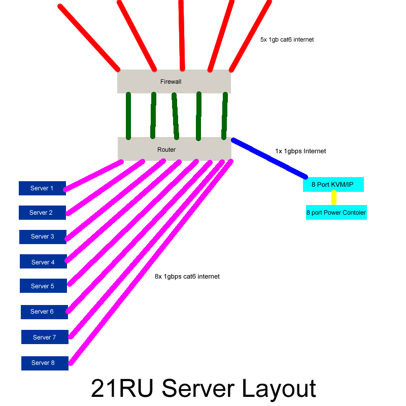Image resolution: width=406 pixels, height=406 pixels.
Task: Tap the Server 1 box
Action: click(42, 188)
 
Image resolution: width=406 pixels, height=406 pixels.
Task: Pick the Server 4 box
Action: click(43, 262)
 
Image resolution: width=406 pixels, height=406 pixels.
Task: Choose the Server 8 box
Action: click(45, 363)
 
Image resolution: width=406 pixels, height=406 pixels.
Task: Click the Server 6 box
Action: click(44, 312)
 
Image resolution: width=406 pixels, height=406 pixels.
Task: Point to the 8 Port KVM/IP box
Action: click(333, 185)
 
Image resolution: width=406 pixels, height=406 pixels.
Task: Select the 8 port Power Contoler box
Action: click(336, 213)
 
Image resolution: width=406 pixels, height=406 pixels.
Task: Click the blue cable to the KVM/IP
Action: click(269, 158)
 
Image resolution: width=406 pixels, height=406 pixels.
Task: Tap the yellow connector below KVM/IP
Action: click(333, 198)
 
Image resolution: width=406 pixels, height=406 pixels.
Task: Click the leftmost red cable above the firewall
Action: click(89, 38)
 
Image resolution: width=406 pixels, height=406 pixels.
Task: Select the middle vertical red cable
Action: click(182, 36)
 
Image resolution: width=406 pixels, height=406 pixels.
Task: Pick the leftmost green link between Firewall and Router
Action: click(128, 115)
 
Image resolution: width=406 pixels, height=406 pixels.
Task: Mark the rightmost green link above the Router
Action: click(224, 115)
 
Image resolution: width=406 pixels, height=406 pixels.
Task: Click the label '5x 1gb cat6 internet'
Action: click(287, 40)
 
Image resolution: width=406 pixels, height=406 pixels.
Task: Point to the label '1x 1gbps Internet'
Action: click(300, 151)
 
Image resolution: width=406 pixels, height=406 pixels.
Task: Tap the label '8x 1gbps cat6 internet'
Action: click(187, 277)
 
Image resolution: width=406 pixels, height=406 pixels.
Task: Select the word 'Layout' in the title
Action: click(278, 389)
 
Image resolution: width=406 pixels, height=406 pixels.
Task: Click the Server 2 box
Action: click(42, 213)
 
